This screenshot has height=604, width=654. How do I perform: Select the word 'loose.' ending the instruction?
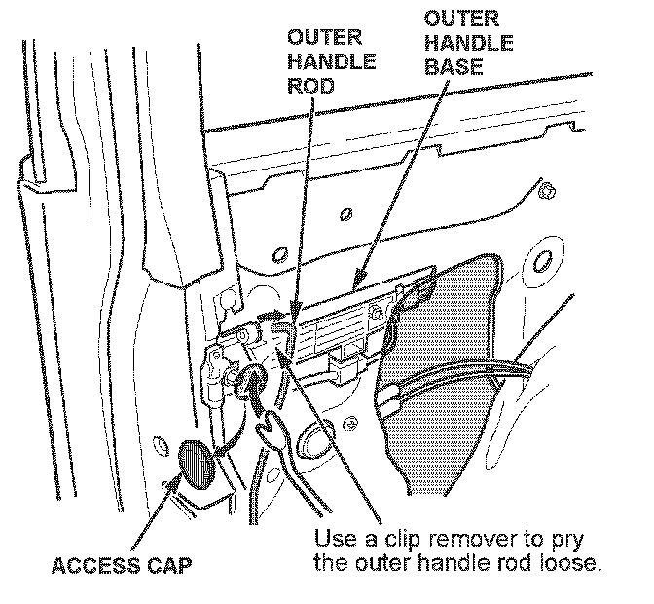point(563,563)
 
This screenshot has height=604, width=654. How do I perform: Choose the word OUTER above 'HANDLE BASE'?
point(461,19)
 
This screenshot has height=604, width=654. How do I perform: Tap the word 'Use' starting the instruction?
point(333,538)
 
